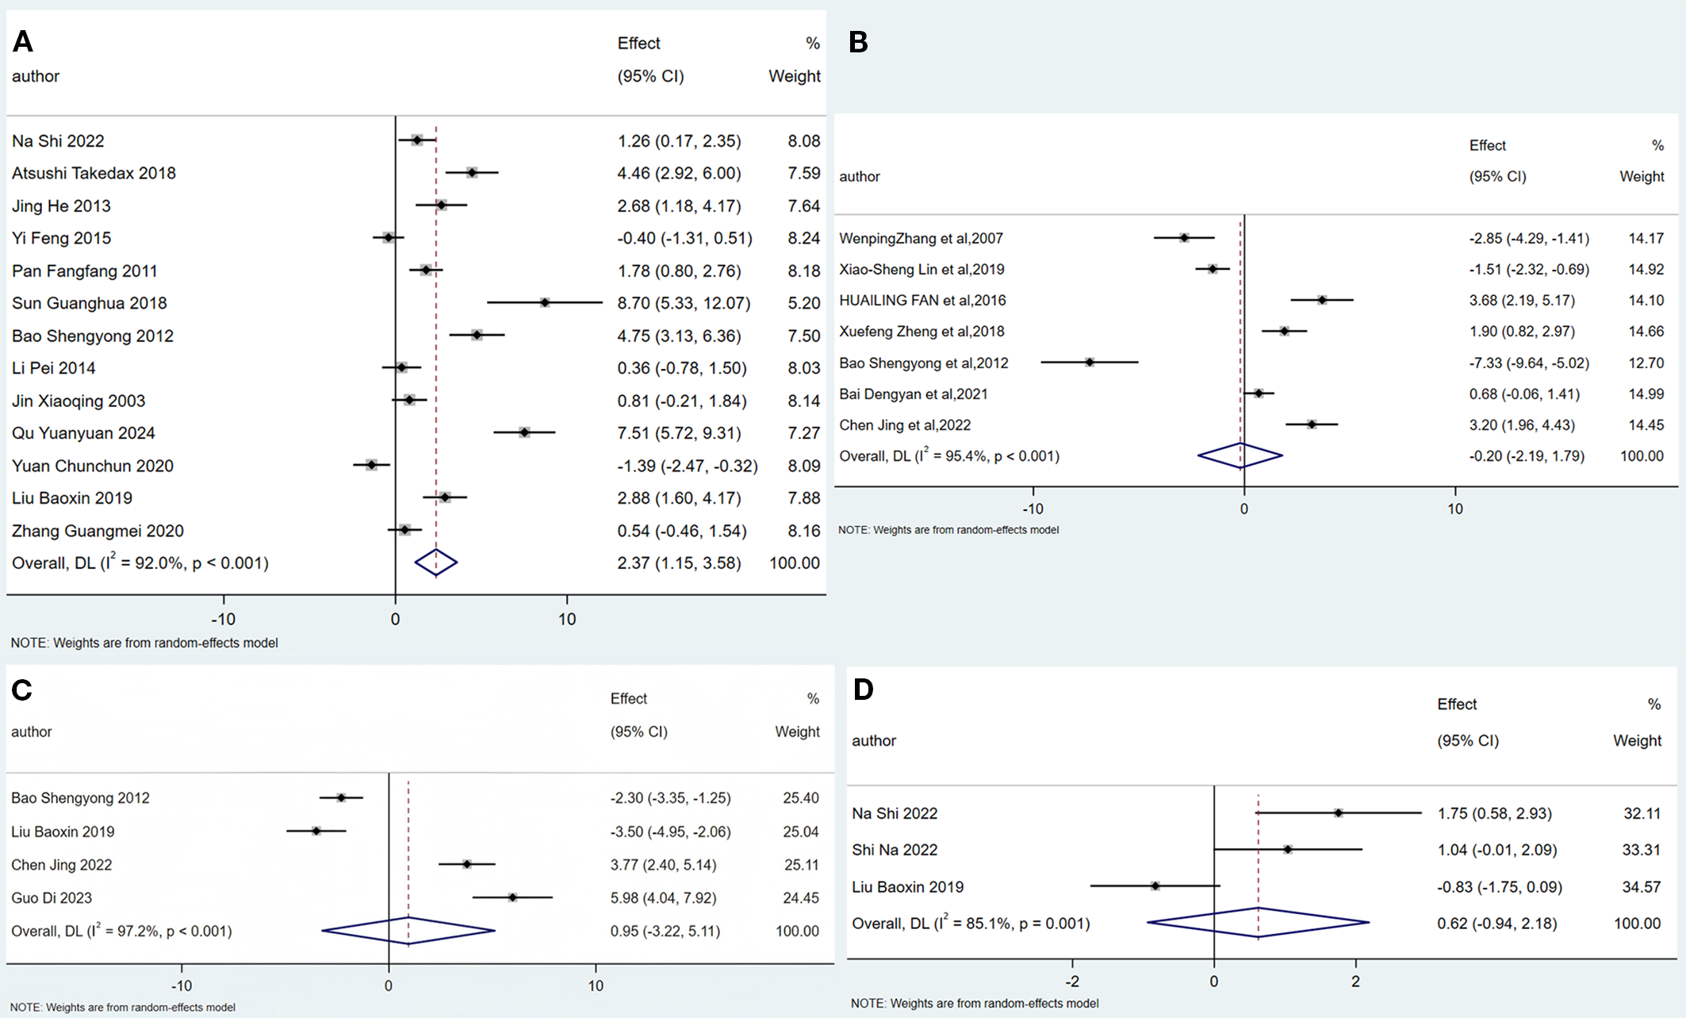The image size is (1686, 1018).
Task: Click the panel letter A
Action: [x=23, y=41]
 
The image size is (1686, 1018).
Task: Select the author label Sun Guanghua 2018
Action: [x=89, y=303]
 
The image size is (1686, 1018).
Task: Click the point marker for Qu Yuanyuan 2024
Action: [x=524, y=432]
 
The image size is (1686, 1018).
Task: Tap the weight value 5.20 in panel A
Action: [x=803, y=303]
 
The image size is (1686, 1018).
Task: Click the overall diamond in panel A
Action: [x=435, y=563]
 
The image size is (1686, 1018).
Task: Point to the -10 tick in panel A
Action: [x=223, y=619]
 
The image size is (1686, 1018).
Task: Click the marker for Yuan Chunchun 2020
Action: [x=371, y=465]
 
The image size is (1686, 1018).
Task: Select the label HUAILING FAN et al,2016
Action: [x=922, y=300]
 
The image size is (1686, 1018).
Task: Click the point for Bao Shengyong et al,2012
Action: [x=1090, y=362]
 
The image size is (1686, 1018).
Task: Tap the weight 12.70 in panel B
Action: [x=1646, y=363]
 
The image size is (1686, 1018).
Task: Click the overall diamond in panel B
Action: [x=1240, y=455]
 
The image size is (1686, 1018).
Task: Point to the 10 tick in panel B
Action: [x=1454, y=509]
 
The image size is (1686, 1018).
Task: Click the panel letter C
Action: [x=21, y=690]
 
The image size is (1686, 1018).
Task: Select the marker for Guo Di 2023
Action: [x=512, y=897]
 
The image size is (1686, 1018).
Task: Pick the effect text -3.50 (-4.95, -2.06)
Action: [x=670, y=832]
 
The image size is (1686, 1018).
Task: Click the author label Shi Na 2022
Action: [x=894, y=850]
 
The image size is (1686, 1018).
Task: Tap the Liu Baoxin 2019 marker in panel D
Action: [x=1155, y=885]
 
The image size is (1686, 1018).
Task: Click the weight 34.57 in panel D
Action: [x=1641, y=887]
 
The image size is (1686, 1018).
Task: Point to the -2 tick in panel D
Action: [x=1071, y=982]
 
